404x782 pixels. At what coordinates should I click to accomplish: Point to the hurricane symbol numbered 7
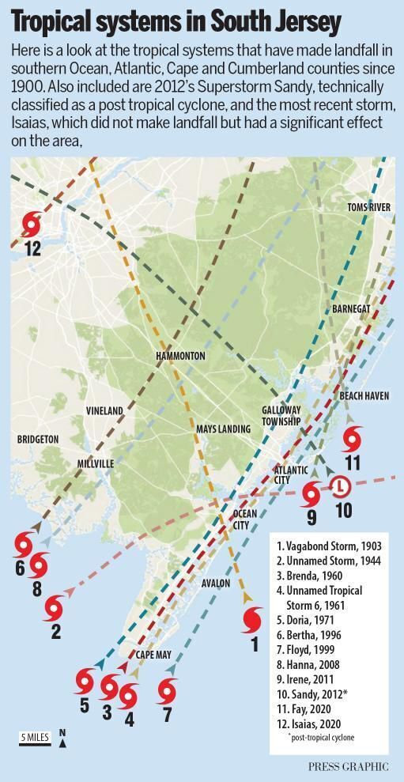pyautogui.click(x=166, y=691)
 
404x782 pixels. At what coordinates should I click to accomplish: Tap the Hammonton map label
pyautogui.click(x=179, y=356)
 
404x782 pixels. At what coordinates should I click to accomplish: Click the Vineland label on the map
pyautogui.click(x=104, y=411)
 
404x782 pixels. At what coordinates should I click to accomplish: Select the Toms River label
pyautogui.click(x=369, y=207)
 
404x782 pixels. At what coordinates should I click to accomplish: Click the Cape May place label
pyautogui.click(x=153, y=655)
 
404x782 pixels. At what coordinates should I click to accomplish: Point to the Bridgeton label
pyautogui.click(x=38, y=439)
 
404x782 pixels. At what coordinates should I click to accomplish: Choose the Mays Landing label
pyautogui.click(x=223, y=429)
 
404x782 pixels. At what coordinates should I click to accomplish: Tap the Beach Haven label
pyautogui.click(x=364, y=395)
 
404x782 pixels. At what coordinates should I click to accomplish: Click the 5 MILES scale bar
pyautogui.click(x=35, y=738)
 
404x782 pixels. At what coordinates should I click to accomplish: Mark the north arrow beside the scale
pyautogui.click(x=62, y=738)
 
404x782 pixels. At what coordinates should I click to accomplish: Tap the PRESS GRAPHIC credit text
pyautogui.click(x=348, y=766)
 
